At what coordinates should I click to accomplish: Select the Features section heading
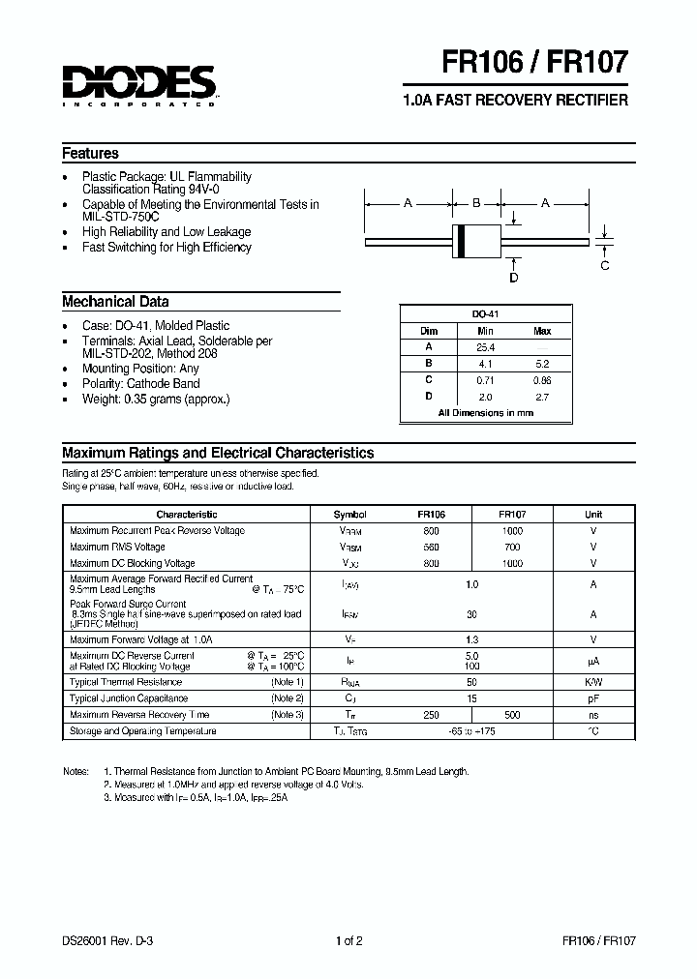pos(90,154)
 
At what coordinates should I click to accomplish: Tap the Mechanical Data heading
pos(115,301)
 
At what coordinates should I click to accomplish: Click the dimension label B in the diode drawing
pos(475,203)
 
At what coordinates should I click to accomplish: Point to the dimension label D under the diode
pos(514,278)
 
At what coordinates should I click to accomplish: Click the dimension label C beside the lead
pos(605,265)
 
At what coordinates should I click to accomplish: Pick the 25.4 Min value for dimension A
pos(486,346)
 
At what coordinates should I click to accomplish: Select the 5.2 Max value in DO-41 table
pos(542,363)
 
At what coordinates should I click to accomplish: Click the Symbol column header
pos(349,515)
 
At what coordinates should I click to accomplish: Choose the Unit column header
pos(592,515)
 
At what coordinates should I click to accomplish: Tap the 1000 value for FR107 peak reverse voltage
pos(512,531)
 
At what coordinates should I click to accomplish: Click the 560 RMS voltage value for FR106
pos(431,547)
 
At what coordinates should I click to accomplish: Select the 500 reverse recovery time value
pos(512,715)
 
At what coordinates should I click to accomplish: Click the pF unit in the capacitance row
pos(592,698)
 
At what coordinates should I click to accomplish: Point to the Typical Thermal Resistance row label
pos(127,682)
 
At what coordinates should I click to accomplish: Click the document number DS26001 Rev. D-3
pos(105,939)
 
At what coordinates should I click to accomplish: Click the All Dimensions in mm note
pos(485,413)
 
